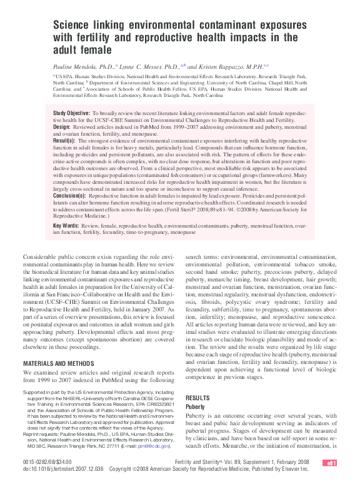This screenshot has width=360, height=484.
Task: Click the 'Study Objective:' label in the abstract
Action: pos(72,113)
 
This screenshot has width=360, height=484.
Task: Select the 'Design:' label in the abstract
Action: pos(64,126)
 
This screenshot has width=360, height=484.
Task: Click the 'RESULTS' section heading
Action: pos(198,398)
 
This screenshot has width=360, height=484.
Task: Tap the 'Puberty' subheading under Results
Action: pos(196,406)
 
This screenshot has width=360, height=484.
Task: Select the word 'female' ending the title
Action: pos(98,49)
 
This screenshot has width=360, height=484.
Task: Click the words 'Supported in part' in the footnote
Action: pos(42,392)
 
